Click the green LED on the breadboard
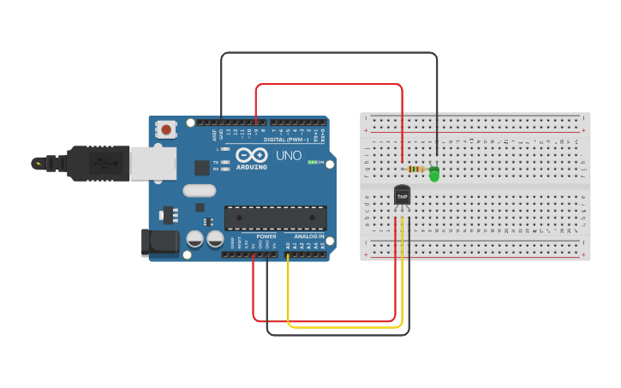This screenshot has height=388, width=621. [434, 174]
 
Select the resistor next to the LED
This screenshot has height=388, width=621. [416, 169]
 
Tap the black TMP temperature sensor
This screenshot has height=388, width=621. [402, 196]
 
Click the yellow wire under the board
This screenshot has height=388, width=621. [343, 326]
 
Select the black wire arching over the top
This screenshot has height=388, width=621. [330, 53]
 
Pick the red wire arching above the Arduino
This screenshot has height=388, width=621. [330, 84]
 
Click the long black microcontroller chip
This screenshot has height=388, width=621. [275, 218]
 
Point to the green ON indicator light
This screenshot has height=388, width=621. [313, 162]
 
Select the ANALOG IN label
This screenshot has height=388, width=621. [310, 236]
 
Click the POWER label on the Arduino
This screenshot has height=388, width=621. [266, 236]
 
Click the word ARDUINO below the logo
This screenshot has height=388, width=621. [251, 167]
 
